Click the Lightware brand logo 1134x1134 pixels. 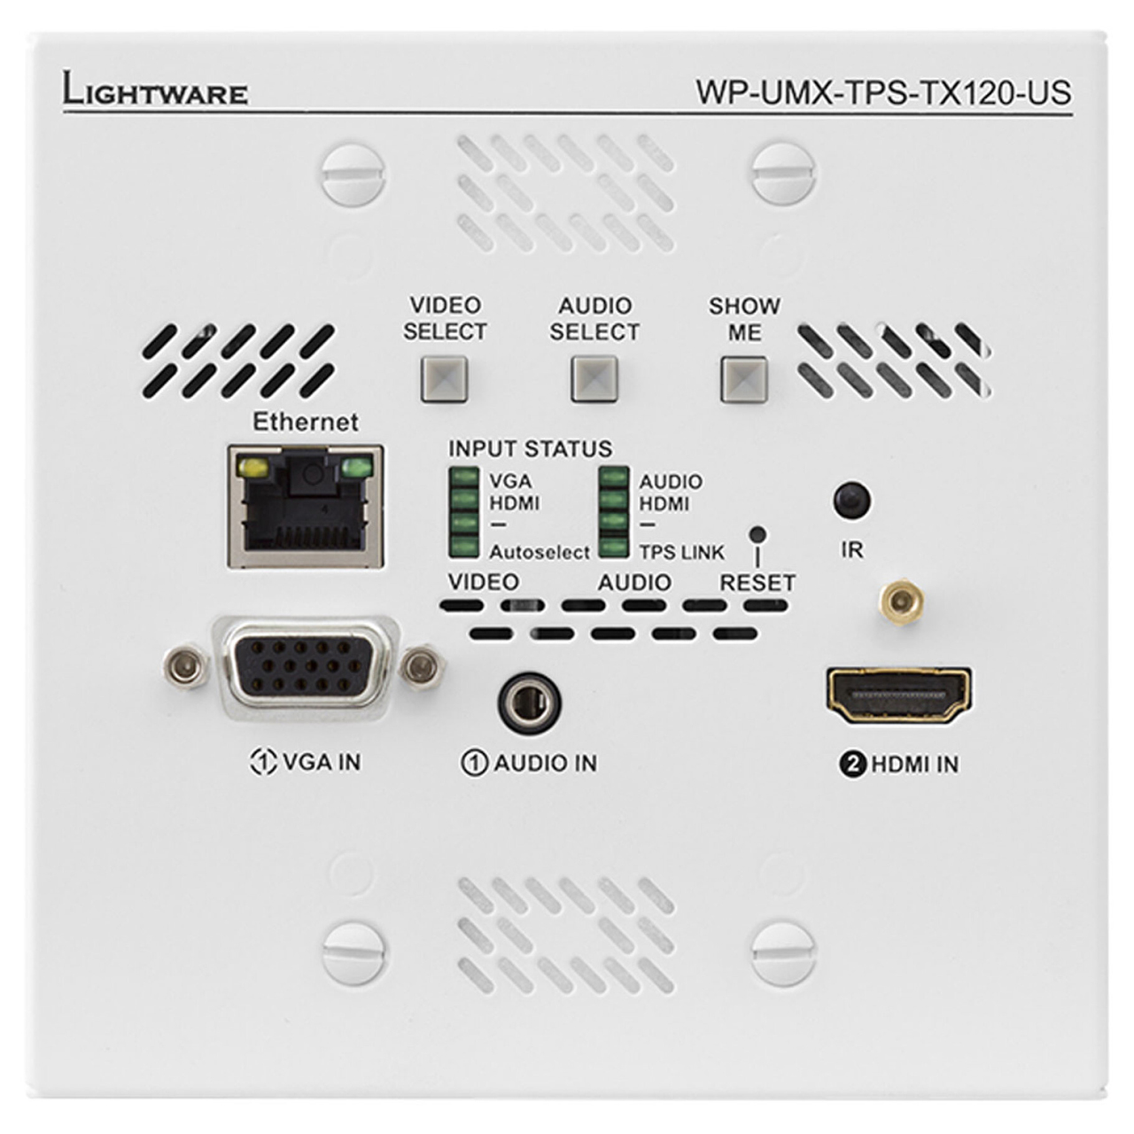point(155,89)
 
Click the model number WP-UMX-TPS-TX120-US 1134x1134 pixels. point(883,92)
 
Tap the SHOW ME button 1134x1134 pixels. point(744,379)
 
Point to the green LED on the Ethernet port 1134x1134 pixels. point(357,469)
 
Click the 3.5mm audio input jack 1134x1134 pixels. point(529,703)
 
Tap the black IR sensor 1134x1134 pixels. point(852,501)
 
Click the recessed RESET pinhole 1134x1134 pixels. point(758,534)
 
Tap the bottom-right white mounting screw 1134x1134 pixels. point(784,954)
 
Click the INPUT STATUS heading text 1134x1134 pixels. point(530,449)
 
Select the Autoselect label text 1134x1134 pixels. point(540,553)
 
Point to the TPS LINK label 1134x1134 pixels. point(682,553)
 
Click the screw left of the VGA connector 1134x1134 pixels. point(185,667)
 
